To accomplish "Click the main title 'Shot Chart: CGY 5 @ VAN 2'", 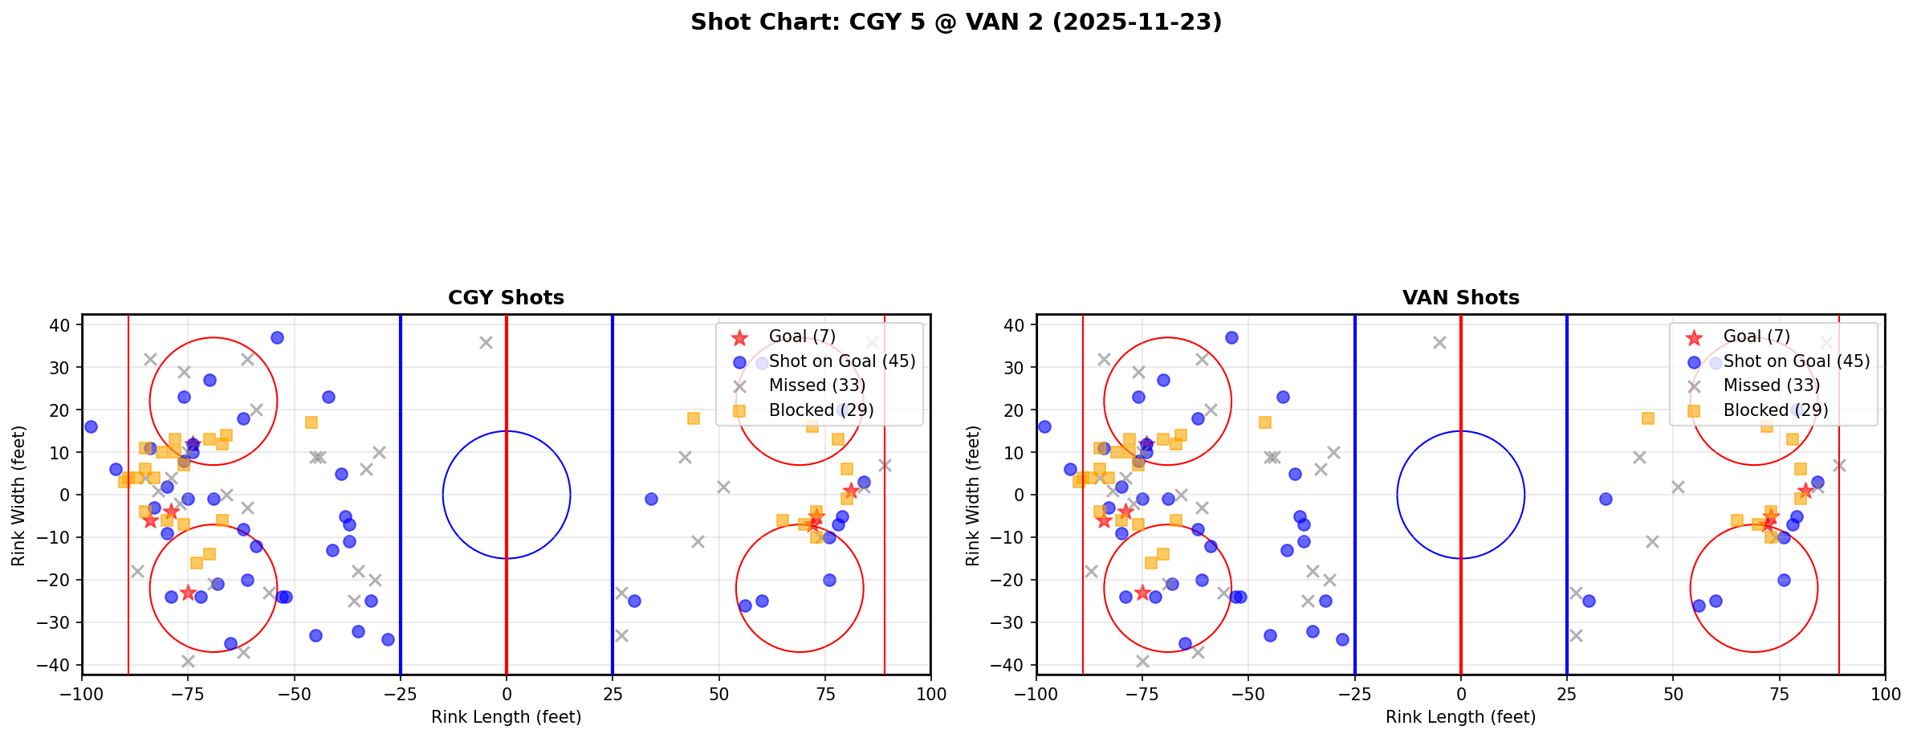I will click(955, 22).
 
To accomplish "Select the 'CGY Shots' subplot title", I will click(506, 298).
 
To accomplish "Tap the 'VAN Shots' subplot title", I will click(1460, 298).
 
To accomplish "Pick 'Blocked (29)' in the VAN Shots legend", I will click(1776, 410).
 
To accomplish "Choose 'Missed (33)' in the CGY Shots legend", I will click(816, 385).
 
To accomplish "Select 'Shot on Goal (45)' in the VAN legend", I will click(1797, 361).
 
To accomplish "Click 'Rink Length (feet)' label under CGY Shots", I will click(506, 717).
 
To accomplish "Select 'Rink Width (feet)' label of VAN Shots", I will click(973, 495).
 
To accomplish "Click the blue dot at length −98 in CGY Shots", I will click(91, 426).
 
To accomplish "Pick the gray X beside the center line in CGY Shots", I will click(486, 342).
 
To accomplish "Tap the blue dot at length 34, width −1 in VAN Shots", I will click(1606, 499).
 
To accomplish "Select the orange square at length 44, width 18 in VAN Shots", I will click(1648, 418).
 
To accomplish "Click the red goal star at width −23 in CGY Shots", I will click(188, 593).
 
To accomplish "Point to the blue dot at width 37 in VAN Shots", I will click(1231, 337).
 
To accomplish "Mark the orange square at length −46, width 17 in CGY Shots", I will click(311, 422).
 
